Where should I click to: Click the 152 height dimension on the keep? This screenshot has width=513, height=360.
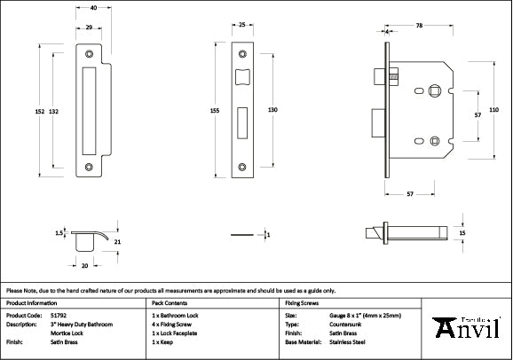pos(40,111)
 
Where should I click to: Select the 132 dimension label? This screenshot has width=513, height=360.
pos(55,111)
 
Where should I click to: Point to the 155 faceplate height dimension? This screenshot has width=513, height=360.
pos(216,111)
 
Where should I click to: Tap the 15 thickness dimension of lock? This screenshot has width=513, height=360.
pos(462,232)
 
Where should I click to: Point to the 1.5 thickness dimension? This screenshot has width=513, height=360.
pos(59,233)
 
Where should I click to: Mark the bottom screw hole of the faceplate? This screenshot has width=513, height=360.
pos(242,164)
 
